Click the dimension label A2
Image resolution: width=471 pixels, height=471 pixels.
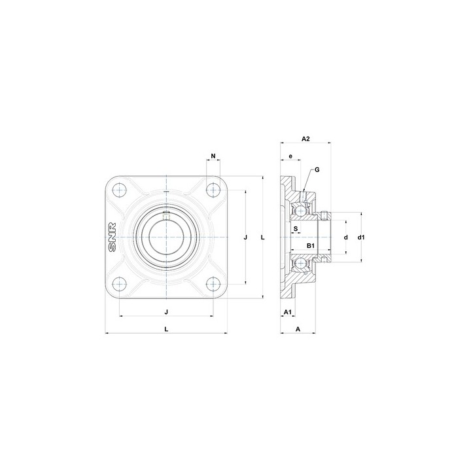305,139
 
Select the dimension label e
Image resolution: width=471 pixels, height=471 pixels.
290,156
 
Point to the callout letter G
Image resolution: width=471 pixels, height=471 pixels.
317,169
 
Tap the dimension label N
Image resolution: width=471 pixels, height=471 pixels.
213,156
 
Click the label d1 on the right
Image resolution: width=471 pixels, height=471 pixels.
361,237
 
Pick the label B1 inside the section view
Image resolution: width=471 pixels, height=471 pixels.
311,246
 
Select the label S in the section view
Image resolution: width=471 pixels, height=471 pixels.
296,228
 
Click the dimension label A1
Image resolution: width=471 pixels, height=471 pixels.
288,312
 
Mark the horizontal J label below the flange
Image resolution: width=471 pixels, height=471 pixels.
166,312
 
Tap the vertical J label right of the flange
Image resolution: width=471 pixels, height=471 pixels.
245,237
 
